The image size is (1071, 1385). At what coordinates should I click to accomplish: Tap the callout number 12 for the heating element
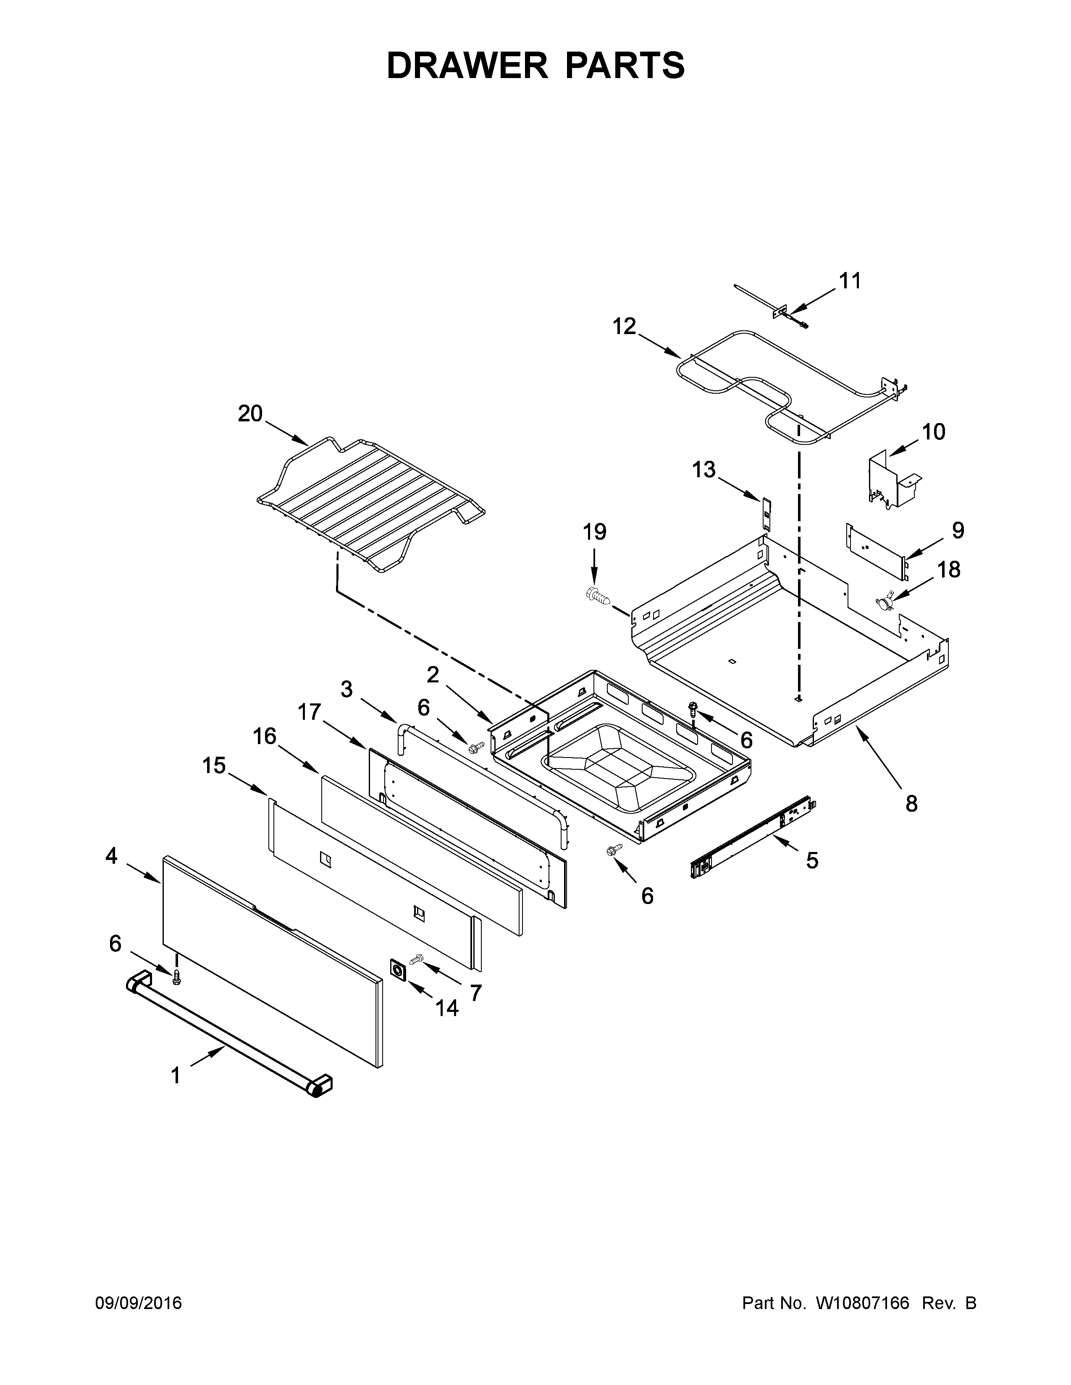click(624, 327)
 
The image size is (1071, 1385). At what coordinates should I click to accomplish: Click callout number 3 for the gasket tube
click(346, 689)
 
